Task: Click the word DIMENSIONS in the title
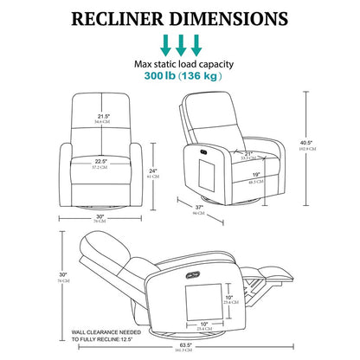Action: coord(240,17)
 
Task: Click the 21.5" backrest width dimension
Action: coord(103,115)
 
